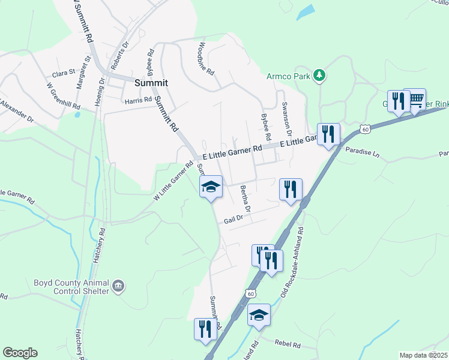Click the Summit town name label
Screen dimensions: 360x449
(x=151, y=83)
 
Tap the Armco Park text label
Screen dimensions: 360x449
(x=288, y=77)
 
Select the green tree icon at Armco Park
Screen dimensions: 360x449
(x=321, y=75)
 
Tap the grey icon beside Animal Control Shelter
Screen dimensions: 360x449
(x=118, y=286)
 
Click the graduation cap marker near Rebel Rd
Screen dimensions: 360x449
(x=259, y=314)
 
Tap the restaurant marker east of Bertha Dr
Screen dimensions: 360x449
(x=291, y=189)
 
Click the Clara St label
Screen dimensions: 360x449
(x=62, y=73)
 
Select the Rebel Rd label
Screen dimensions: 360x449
(x=286, y=342)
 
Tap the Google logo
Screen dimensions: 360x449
(x=20, y=353)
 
